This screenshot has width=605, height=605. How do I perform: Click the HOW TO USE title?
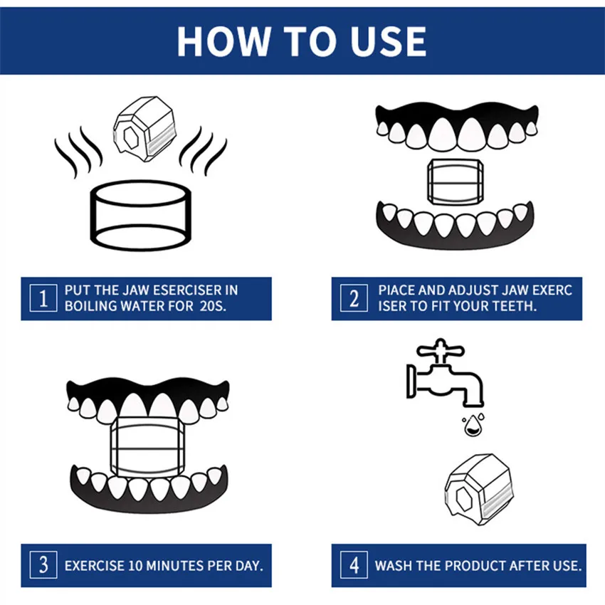point(302,41)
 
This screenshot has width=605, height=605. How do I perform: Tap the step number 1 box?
point(43,298)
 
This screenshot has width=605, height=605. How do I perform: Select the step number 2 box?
point(354,298)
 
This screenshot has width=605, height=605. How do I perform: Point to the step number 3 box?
point(43,566)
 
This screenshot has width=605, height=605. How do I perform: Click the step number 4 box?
point(354,566)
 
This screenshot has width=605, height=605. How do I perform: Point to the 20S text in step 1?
point(210,306)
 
